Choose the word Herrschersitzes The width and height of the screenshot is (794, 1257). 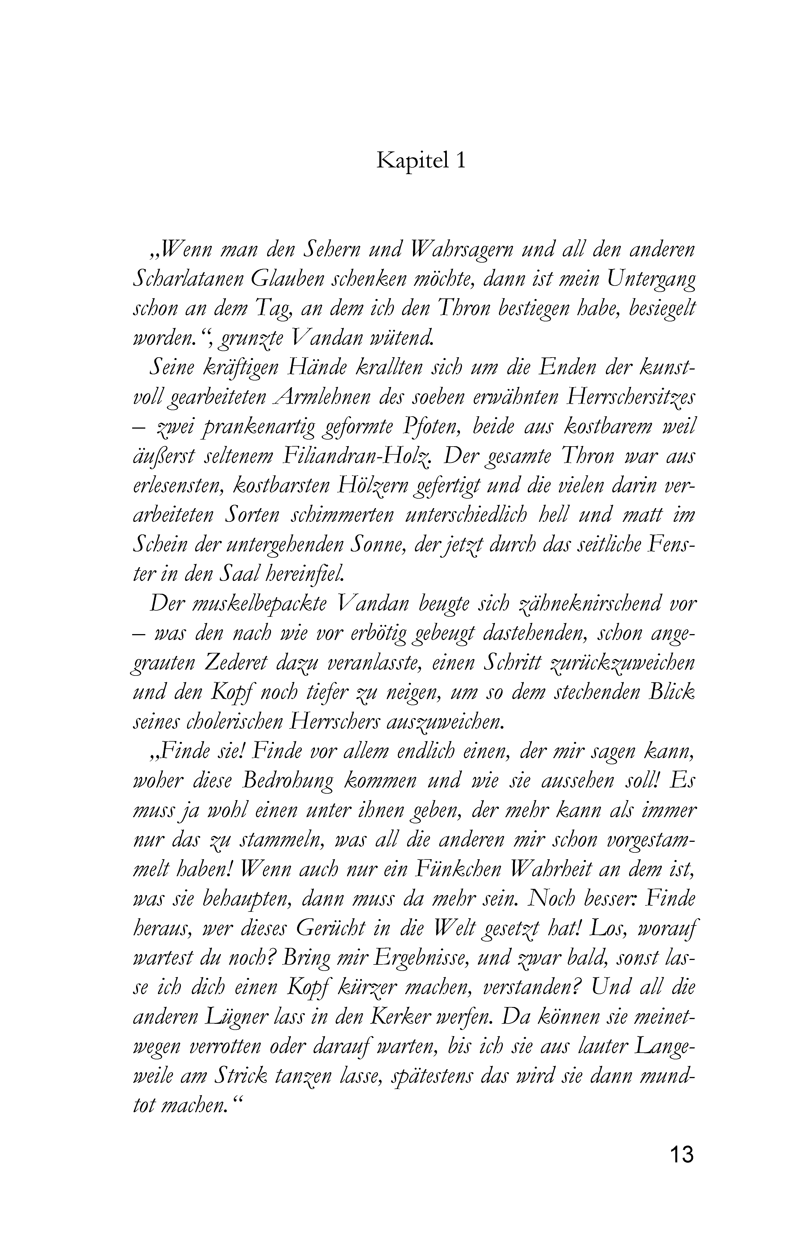point(632,399)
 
